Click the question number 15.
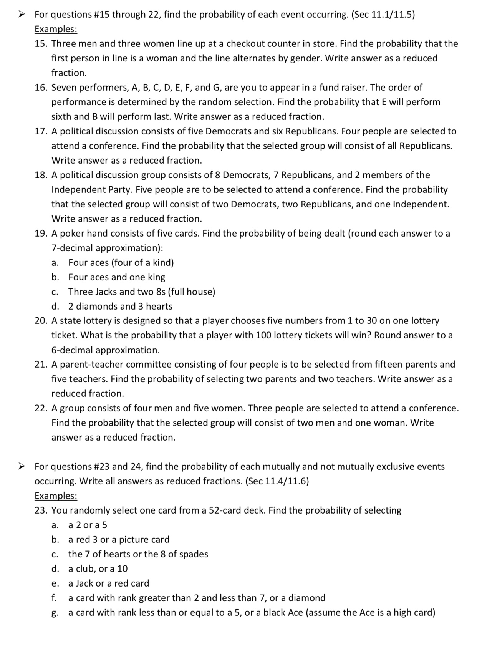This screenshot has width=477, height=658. tap(40, 44)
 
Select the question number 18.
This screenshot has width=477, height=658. tap(40, 175)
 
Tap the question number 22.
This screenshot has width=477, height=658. tap(40, 408)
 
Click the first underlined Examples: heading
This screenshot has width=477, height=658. tap(56, 29)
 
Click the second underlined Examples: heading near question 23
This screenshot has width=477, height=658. tap(56, 496)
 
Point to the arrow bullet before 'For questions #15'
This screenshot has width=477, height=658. tap(22, 15)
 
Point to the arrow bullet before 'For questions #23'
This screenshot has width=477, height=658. tap(22, 467)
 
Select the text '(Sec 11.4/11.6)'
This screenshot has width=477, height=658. tap(277, 481)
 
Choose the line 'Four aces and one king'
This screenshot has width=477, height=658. tap(117, 277)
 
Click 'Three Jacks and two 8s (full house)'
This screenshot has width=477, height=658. tap(142, 292)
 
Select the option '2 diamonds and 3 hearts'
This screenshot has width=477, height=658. tap(120, 307)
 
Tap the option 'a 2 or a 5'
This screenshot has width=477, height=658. tap(88, 525)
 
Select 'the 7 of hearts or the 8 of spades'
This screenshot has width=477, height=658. tap(138, 554)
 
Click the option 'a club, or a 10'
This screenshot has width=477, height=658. tap(98, 569)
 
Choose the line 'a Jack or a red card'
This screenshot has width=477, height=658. tap(109, 583)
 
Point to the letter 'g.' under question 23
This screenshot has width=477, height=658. tap(55, 613)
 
